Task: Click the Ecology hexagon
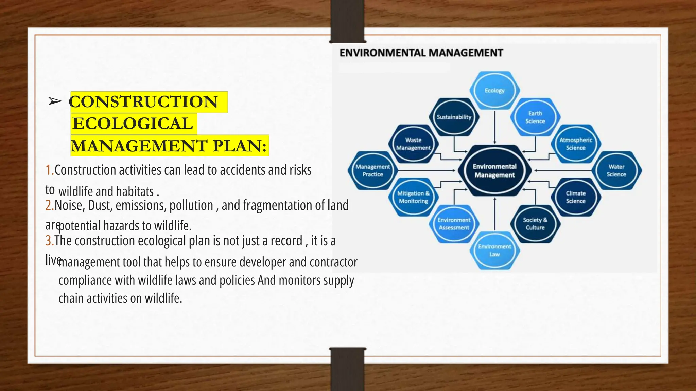tap(494, 91)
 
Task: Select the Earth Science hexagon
tap(535, 117)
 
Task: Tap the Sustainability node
tap(454, 117)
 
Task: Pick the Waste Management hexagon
tap(413, 144)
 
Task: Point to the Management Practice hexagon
tap(372, 170)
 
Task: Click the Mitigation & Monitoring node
tap(413, 197)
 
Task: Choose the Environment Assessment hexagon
tap(454, 224)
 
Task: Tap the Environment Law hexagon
tap(494, 250)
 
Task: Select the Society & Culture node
tap(535, 224)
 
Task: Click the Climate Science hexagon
tap(576, 197)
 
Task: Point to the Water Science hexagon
tap(616, 170)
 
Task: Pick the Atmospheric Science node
tap(576, 144)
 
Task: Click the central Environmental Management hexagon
tap(494, 170)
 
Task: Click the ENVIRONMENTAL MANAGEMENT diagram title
tap(421, 53)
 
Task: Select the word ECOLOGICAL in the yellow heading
tap(133, 124)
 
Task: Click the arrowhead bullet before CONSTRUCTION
tap(55, 101)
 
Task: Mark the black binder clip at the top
tap(347, 21)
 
